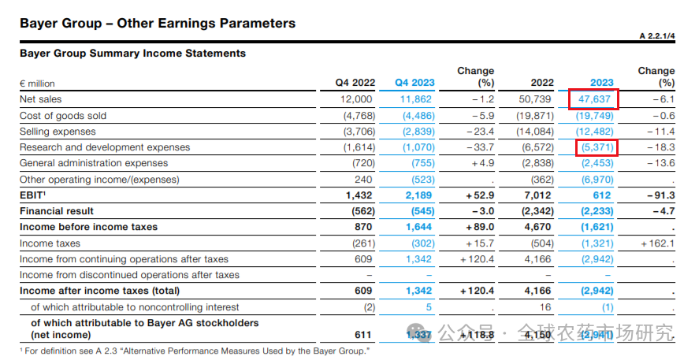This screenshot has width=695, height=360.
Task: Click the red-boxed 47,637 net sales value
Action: pos(593,99)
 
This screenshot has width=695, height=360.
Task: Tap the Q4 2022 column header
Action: pos(354,83)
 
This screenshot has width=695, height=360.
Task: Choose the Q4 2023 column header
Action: pos(414,83)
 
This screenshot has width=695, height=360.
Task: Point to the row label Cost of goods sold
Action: pos(63,116)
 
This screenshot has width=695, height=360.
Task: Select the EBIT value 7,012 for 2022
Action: pos(537,195)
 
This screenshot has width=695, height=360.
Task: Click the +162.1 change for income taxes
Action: pos(658,243)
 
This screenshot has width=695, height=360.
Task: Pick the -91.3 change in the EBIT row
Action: pos(660,195)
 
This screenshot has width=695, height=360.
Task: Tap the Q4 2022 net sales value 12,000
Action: pos(356,99)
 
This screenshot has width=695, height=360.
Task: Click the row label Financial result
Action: pos(57,211)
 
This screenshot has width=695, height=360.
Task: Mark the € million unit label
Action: pos(37,84)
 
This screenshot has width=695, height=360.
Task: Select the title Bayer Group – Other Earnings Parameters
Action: pos(158,23)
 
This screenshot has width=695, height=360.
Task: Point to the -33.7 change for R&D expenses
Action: pos(478,147)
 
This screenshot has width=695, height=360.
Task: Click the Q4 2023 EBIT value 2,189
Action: pos(418,195)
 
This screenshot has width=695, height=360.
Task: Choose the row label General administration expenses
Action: pos(94,163)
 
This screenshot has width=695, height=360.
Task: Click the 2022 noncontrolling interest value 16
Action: pos(547,307)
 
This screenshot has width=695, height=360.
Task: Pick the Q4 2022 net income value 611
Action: pos(363,334)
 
